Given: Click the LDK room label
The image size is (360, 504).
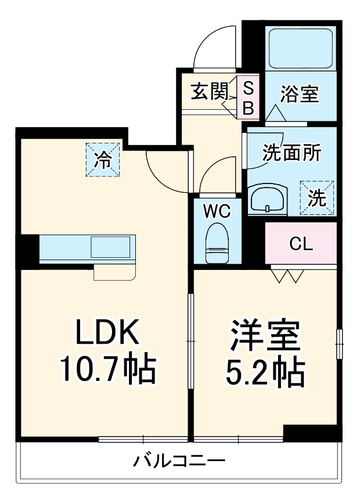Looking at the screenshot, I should point(106,333).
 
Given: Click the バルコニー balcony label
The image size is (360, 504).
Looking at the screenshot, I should point(179,462).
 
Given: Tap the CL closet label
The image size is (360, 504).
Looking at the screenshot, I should point(301,243).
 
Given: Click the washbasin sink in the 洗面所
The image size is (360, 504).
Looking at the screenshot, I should point(268,200).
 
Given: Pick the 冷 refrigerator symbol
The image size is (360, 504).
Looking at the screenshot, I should point(103,159).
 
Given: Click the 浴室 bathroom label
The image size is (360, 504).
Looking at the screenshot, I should point(300,94).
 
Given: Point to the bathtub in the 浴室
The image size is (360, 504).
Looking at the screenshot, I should point(300,49).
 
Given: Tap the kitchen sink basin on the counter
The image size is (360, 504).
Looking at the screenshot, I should point(113,248).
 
